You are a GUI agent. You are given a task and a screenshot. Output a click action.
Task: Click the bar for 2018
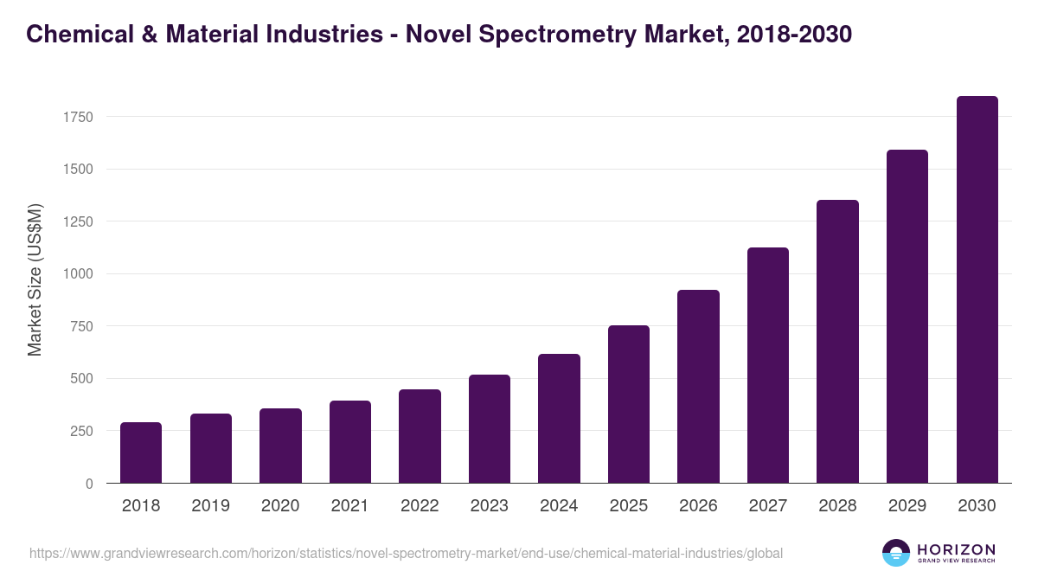(141, 452)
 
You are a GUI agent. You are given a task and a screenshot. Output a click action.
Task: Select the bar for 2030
(977, 290)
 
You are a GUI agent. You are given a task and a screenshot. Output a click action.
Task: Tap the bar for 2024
(559, 419)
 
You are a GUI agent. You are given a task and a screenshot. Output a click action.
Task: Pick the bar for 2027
(768, 365)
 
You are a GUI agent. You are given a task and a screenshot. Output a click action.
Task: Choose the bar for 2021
(350, 442)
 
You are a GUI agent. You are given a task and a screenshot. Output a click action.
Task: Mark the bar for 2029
(907, 317)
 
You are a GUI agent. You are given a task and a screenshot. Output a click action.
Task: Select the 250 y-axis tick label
(81, 431)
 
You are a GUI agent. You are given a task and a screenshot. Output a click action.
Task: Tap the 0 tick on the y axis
(89, 484)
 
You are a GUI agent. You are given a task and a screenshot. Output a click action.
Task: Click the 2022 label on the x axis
(420, 506)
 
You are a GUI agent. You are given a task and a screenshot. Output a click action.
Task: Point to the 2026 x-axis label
(698, 506)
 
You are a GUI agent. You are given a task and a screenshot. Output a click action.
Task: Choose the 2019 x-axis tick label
(210, 506)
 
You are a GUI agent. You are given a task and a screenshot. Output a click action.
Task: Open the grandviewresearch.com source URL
(406, 553)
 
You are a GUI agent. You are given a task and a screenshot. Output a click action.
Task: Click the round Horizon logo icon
(896, 553)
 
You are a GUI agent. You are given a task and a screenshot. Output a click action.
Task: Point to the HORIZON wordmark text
(956, 549)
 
